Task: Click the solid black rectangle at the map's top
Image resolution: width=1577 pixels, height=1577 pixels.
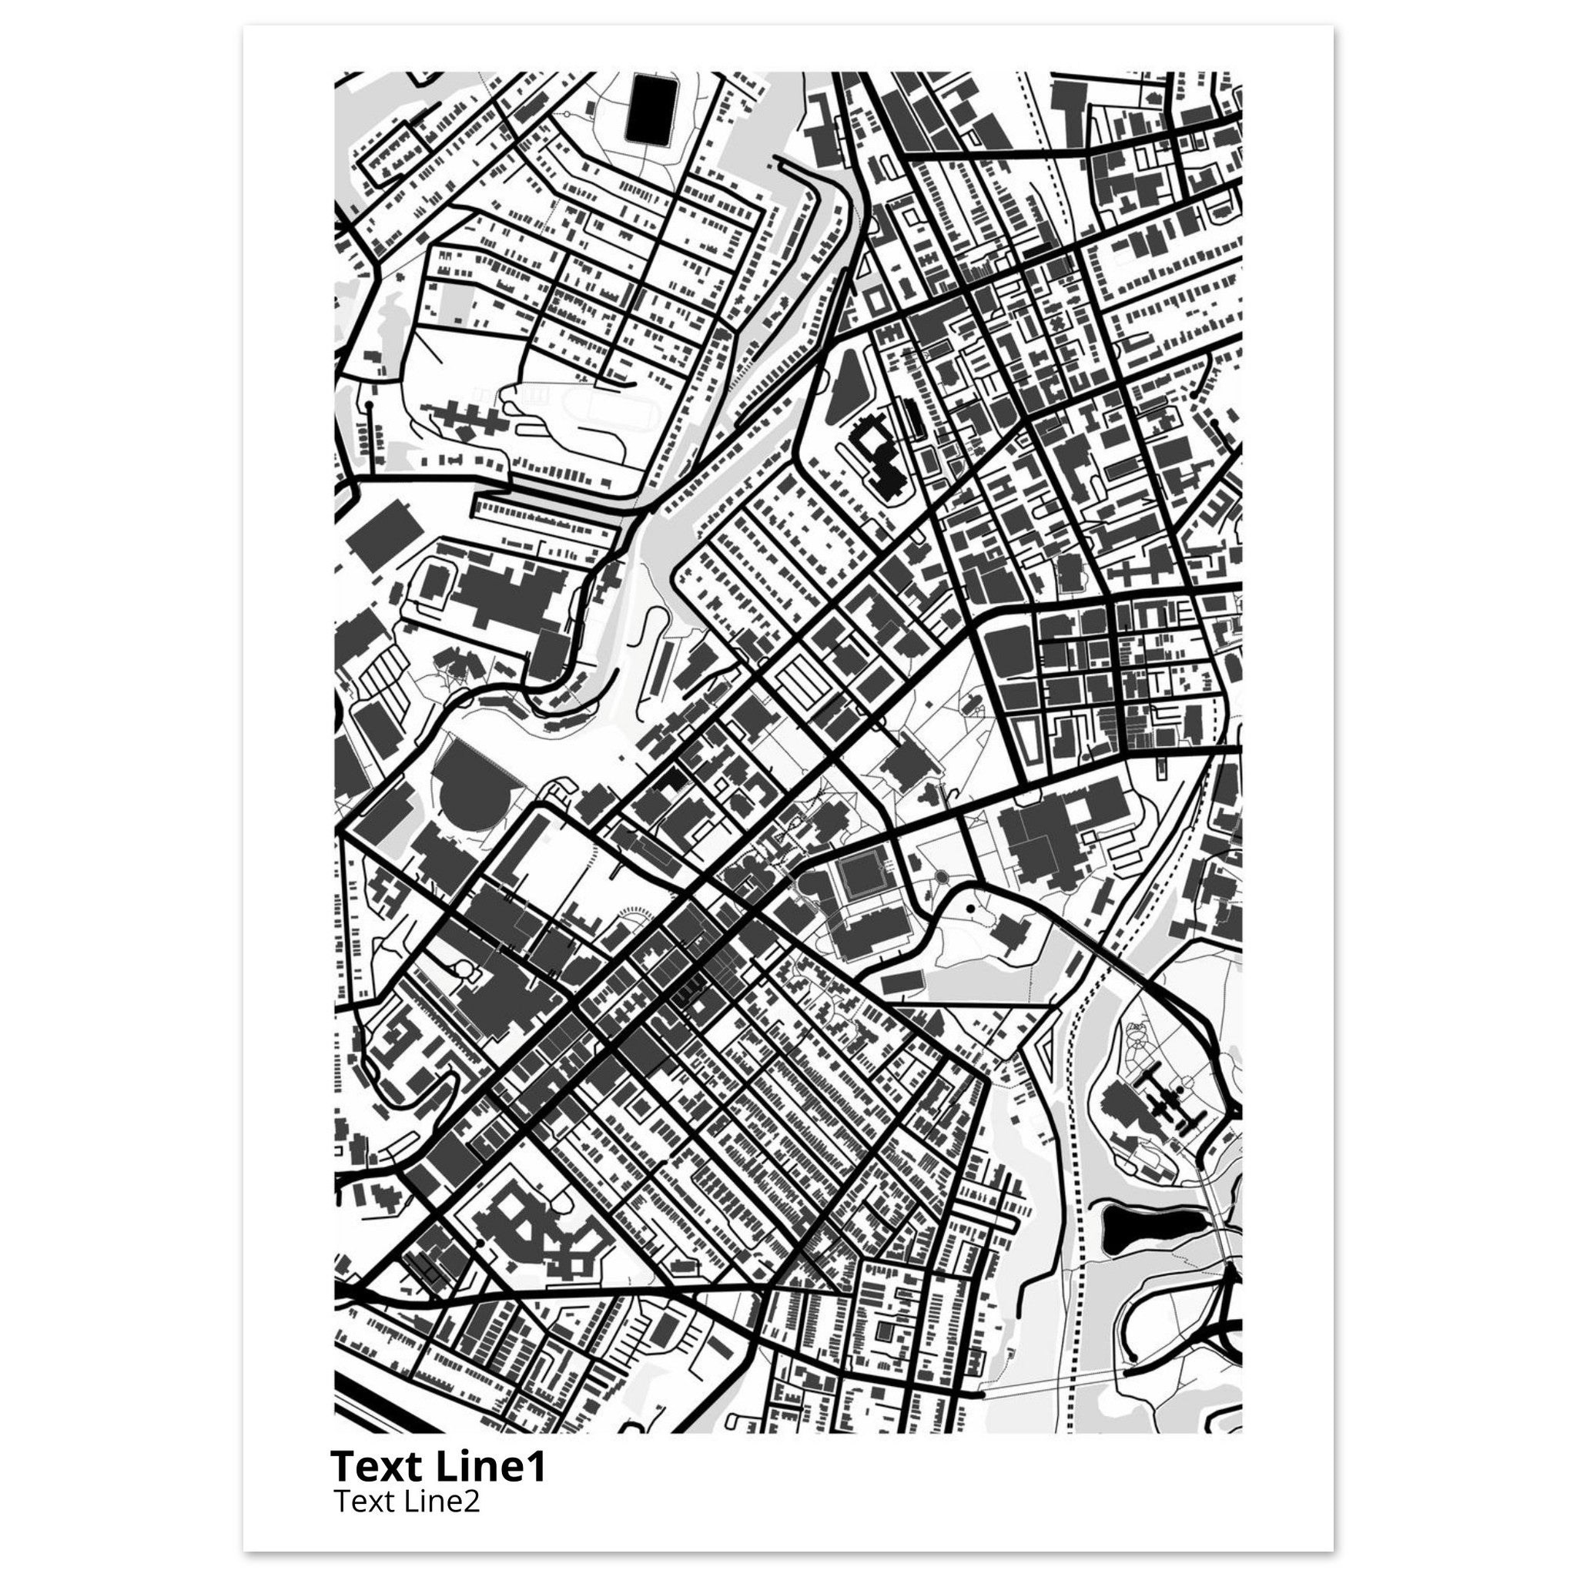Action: click(x=648, y=107)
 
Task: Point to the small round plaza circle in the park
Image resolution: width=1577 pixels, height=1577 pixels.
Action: click(x=939, y=879)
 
